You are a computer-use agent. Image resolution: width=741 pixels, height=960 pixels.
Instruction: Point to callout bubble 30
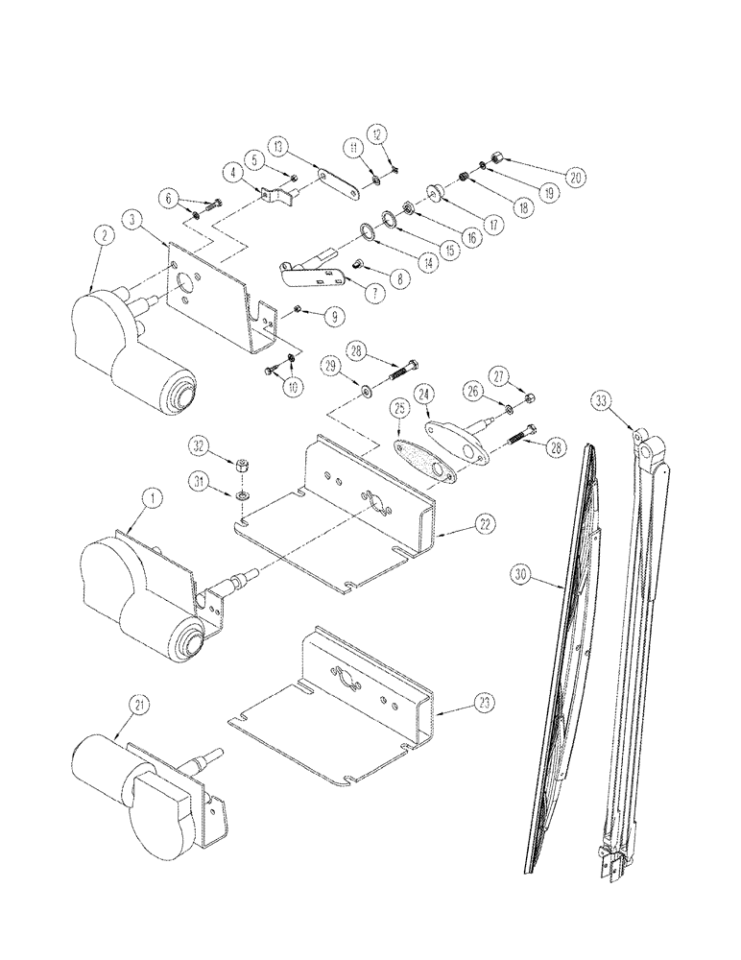pos(521,576)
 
